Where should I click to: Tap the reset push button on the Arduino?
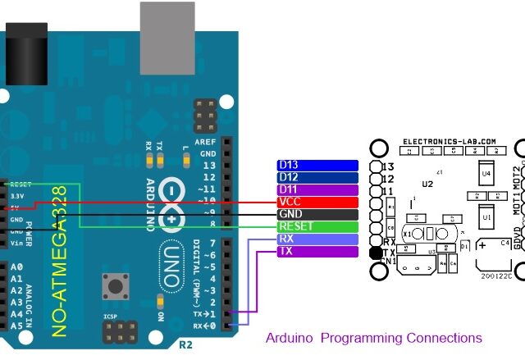pos(115,288)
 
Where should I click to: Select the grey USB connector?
pos(168,37)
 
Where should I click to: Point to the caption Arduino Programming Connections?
pos(374,338)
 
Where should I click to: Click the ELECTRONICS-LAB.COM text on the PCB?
pos(450,141)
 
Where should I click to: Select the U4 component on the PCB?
pos(486,173)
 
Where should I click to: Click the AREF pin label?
pos(208,141)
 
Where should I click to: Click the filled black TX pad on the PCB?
pos(377,253)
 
